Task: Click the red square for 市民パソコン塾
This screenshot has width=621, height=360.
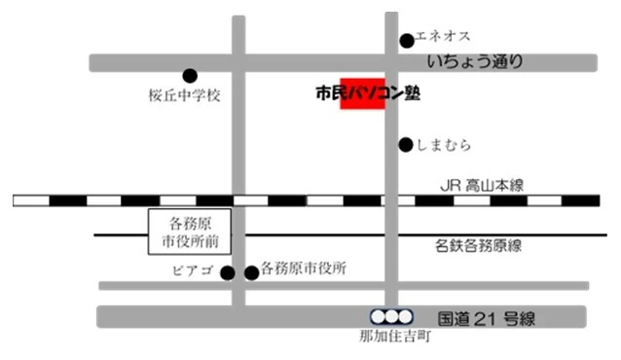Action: (362, 93)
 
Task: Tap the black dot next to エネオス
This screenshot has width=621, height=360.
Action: (407, 41)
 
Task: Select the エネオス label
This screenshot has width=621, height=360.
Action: (443, 37)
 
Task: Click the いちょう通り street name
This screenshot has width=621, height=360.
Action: (480, 62)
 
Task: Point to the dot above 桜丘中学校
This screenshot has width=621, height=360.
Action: (190, 75)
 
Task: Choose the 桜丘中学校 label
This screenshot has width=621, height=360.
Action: (186, 96)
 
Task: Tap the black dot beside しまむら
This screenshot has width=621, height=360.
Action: (406, 145)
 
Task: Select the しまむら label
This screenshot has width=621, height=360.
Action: (445, 145)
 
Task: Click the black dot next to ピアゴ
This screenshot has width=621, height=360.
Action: (228, 272)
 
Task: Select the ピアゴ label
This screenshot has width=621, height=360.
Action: (197, 270)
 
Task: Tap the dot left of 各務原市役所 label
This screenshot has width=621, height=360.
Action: (251, 272)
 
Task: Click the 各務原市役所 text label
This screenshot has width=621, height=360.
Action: (304, 270)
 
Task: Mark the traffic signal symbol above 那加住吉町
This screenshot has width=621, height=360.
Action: (391, 316)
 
